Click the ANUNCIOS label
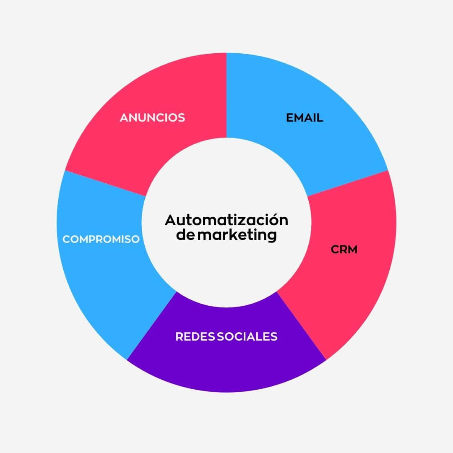click(x=152, y=118)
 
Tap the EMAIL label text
click(x=305, y=118)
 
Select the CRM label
click(x=344, y=249)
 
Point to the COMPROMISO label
click(x=101, y=239)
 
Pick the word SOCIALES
click(x=247, y=336)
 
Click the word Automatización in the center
click(x=226, y=220)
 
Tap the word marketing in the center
click(x=237, y=235)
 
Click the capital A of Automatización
click(x=169, y=220)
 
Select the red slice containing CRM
click(x=357, y=285)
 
